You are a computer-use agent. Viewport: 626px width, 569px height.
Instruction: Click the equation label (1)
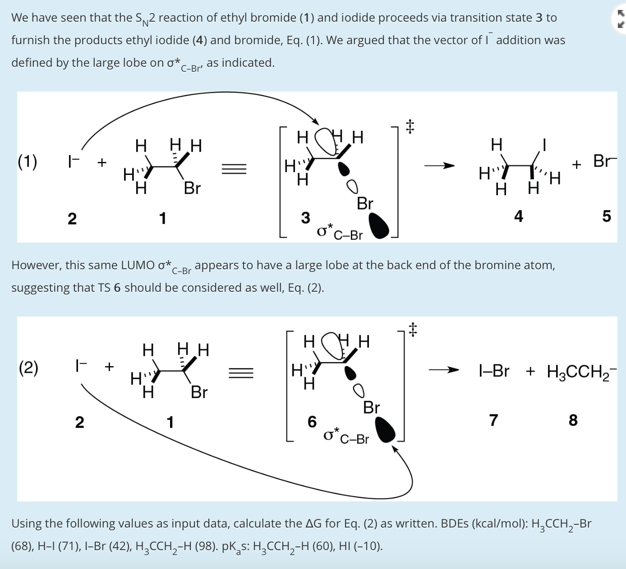[28, 161]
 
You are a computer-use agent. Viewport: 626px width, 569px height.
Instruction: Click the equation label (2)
[28, 367]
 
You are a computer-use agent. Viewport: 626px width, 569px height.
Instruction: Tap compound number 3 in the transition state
[305, 218]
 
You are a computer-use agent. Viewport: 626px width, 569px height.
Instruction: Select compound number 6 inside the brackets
[312, 422]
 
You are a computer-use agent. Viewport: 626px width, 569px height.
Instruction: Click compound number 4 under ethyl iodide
[519, 216]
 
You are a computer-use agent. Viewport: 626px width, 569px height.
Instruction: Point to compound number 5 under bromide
[607, 216]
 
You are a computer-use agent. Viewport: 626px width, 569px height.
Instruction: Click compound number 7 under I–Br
[494, 420]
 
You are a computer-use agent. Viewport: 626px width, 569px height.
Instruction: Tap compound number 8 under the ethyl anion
[573, 420]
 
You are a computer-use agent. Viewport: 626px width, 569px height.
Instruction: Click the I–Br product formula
[494, 371]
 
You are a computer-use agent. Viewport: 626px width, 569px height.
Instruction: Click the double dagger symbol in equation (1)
[409, 126]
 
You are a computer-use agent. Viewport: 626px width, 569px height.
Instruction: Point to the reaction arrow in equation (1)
[439, 166]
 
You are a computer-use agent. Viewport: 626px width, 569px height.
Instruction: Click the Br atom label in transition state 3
[365, 203]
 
